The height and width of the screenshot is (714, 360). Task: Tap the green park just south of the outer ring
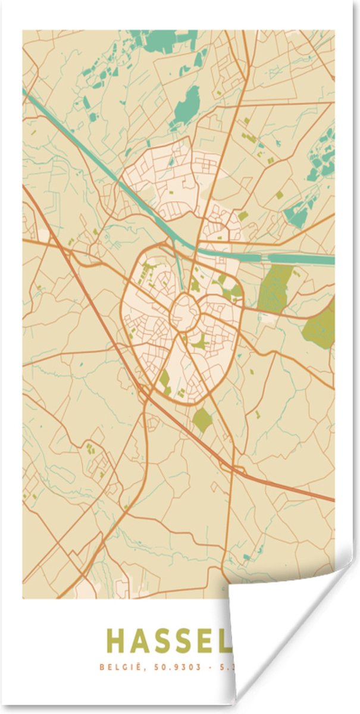pyautogui.click(x=202, y=420)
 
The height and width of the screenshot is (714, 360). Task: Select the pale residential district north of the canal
pyautogui.click(x=173, y=178)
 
